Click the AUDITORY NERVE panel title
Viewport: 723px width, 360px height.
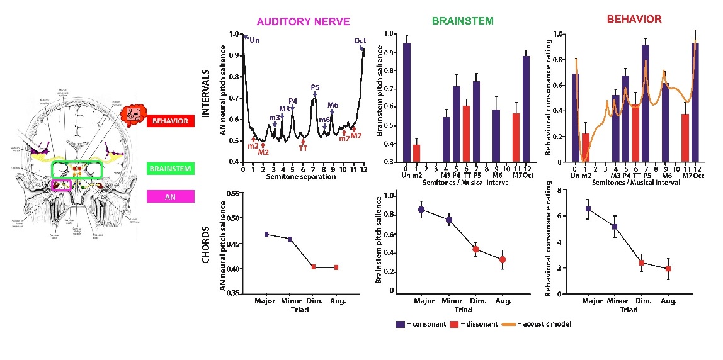pos(303,21)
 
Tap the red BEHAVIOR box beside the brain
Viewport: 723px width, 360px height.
pos(171,120)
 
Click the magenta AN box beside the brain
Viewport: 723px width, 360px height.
pos(171,196)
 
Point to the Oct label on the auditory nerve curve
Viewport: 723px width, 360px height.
pos(360,41)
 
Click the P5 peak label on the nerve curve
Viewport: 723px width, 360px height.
pos(315,87)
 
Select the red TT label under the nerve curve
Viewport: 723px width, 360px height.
pos(303,149)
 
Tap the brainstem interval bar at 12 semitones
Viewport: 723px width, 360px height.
pos(526,110)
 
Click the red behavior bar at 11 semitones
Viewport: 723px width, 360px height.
pos(685,138)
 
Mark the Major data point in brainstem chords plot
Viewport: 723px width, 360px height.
pos(421,210)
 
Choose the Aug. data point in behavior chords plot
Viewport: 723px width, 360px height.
pos(668,269)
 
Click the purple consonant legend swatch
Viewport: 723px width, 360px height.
pos(400,324)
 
